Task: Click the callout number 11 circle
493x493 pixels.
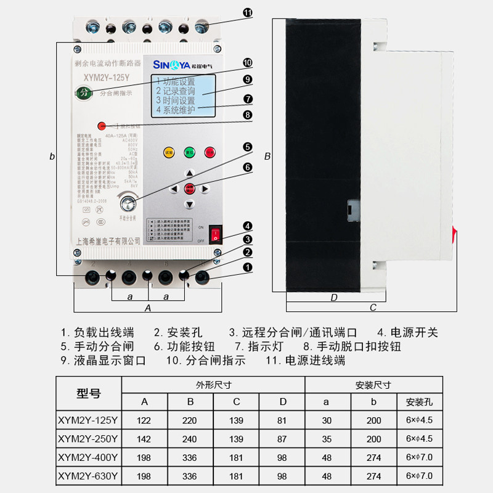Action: [247, 13]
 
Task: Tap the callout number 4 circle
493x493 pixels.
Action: [247, 226]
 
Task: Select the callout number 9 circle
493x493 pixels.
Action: [247, 79]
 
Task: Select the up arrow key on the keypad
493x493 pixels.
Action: [190, 173]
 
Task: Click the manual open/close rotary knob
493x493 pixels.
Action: [129, 202]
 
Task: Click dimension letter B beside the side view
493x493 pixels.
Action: [267, 157]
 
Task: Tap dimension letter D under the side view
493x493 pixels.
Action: [334, 298]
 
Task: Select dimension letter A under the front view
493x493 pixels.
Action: [147, 306]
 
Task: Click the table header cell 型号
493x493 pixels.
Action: [89, 393]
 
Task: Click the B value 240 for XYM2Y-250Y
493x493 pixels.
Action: [191, 439]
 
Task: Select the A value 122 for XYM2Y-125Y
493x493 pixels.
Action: [144, 420]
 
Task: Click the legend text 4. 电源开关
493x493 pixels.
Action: [407, 333]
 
